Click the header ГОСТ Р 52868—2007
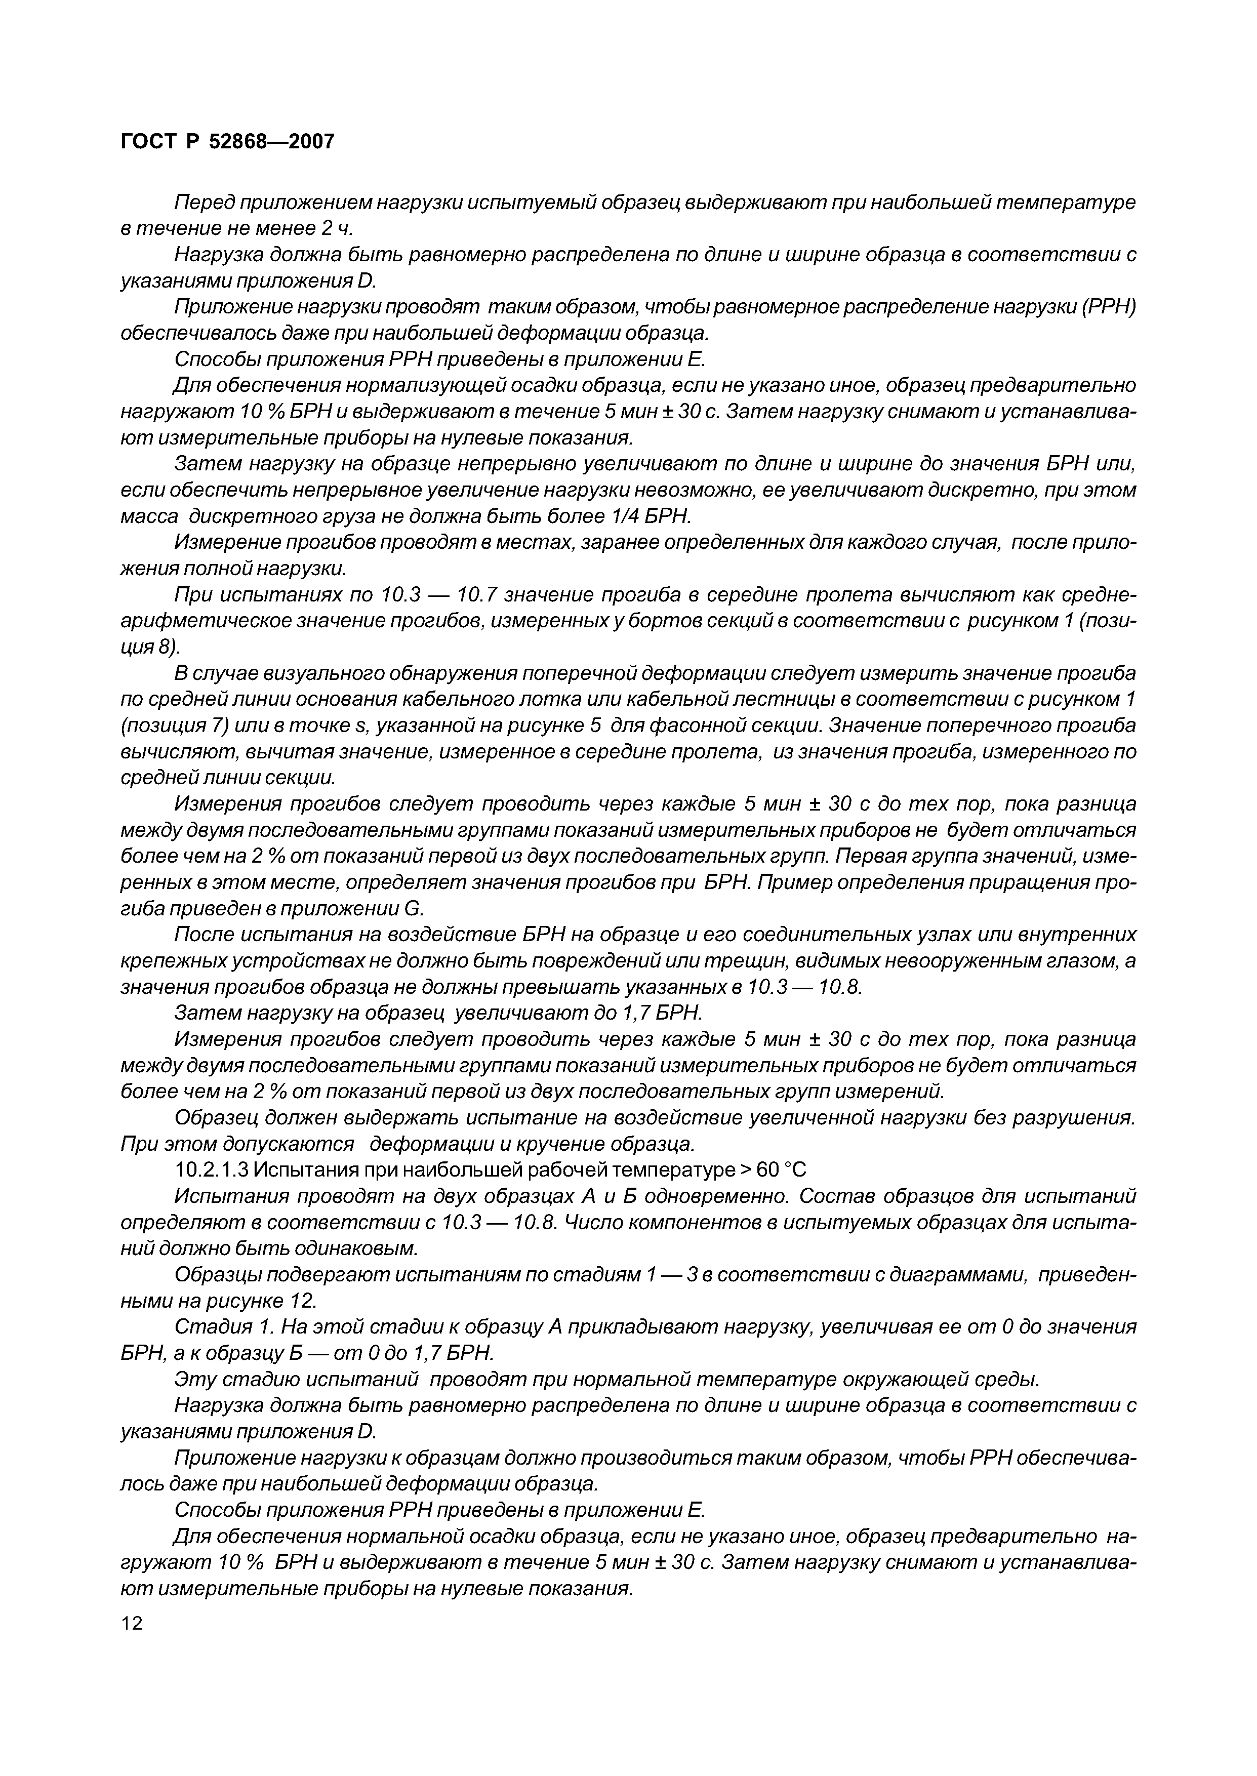(x=228, y=142)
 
